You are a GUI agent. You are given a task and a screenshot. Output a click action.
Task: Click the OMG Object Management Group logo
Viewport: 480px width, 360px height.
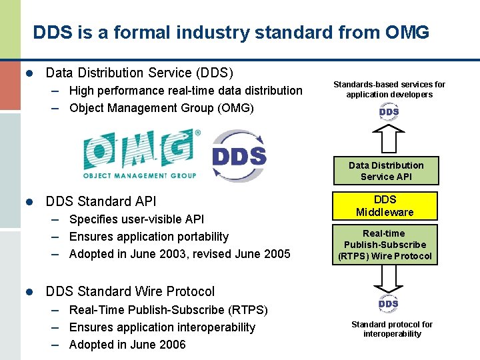140,154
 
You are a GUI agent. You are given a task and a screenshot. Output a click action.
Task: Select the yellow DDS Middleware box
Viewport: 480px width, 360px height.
385,206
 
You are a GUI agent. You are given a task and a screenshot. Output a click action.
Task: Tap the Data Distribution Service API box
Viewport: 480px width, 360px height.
386,171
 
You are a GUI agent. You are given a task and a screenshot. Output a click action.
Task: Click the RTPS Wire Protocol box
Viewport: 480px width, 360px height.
385,245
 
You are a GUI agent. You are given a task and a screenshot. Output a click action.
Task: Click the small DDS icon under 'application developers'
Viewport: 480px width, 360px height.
389,112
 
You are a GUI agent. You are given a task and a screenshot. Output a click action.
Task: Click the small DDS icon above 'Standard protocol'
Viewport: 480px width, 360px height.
389,304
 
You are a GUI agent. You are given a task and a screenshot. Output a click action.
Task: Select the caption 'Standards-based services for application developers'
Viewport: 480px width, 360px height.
389,89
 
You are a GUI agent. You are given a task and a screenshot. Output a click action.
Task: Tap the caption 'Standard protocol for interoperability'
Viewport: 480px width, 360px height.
392,329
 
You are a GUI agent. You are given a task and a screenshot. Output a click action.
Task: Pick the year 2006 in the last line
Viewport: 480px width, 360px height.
172,345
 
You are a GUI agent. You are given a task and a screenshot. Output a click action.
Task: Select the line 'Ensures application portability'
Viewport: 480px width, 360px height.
149,237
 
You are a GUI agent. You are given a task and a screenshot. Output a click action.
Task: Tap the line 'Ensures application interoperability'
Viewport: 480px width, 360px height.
162,327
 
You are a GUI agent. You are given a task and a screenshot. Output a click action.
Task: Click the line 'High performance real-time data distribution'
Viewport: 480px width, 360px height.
185,91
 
